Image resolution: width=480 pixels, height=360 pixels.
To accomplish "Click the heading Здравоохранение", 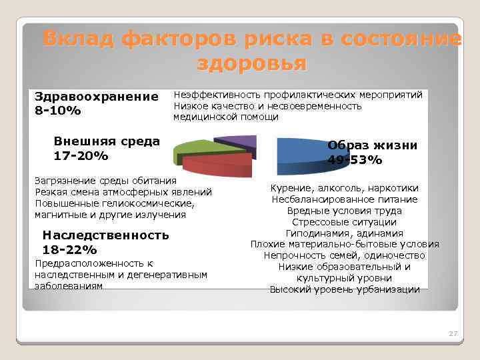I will pyautogui.click(x=97, y=97).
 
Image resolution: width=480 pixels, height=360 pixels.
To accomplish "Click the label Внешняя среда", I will pyautogui.click(x=107, y=141).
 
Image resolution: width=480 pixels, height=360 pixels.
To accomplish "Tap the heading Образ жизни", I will pyautogui.click(x=373, y=145).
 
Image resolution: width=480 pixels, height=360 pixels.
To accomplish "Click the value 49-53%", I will pyautogui.click(x=355, y=160).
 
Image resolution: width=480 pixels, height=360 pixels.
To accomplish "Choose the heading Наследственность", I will pyautogui.click(x=105, y=235).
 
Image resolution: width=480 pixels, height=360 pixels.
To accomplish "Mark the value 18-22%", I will pyautogui.click(x=69, y=250).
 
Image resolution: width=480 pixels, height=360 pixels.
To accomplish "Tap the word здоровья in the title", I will pyautogui.click(x=252, y=64).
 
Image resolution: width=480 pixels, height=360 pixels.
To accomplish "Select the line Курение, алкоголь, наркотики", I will pyautogui.click(x=345, y=188).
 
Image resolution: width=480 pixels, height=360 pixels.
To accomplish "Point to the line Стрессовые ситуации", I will pyautogui.click(x=345, y=222).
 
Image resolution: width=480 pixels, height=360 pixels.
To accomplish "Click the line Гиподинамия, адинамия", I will pyautogui.click(x=345, y=233).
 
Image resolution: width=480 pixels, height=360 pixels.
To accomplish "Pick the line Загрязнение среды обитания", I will pyautogui.click(x=105, y=181).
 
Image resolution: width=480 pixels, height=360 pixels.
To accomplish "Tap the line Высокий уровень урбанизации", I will pyautogui.click(x=345, y=289).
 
